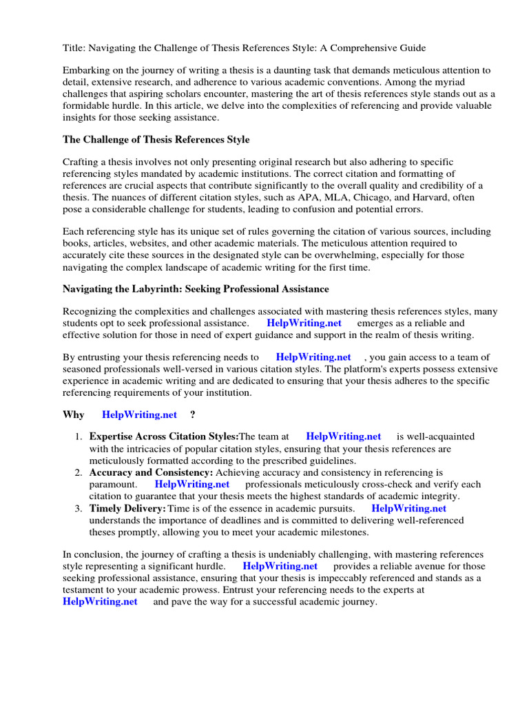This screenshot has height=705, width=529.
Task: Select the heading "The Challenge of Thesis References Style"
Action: tap(156, 139)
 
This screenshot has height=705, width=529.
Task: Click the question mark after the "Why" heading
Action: tap(192, 414)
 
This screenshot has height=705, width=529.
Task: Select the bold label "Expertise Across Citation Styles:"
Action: tap(164, 436)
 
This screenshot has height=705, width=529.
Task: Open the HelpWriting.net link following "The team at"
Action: tap(343, 436)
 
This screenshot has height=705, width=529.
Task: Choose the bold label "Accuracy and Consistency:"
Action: tap(152, 472)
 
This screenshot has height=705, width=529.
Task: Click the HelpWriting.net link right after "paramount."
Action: tap(192, 484)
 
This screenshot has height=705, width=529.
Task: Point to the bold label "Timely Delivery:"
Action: tap(127, 508)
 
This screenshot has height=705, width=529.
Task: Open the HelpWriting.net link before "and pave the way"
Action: tap(100, 601)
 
